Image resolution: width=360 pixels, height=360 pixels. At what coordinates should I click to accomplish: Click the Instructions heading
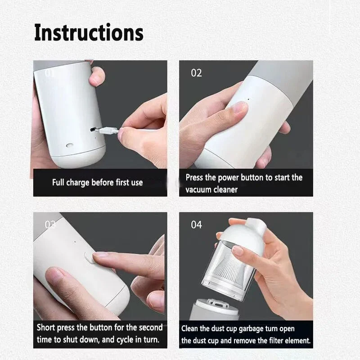(89, 32)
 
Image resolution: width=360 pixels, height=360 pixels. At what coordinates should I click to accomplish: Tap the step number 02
(196, 73)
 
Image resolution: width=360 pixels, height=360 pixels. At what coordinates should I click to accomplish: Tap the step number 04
(196, 225)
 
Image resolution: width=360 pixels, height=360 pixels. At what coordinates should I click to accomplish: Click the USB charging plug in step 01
(108, 131)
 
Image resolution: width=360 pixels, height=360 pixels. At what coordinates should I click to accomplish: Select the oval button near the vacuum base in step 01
(70, 145)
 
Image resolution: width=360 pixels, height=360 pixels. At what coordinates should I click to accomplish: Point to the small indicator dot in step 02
(248, 99)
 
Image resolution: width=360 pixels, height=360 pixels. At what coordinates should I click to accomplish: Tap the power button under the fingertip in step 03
(88, 258)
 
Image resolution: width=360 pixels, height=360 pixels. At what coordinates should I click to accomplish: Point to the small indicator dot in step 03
(75, 242)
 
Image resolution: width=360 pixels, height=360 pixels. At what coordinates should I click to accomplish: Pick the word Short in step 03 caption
(46, 328)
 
